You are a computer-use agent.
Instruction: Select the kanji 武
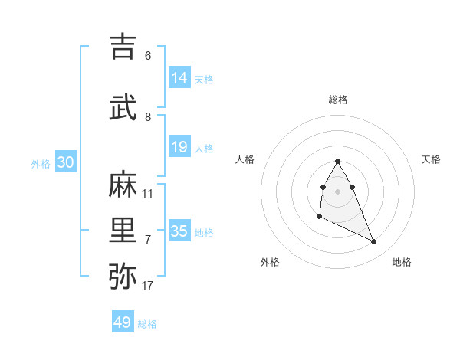123,108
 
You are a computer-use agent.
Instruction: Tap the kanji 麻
123,185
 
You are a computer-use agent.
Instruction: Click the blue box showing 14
179,78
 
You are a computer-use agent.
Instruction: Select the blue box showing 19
179,147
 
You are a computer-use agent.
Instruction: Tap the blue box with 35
179,231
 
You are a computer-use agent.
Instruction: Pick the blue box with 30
65,162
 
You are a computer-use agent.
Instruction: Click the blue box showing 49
123,322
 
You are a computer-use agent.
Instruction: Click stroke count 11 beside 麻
148,194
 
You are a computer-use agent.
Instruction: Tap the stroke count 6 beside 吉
148,56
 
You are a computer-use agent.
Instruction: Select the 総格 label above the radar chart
338,100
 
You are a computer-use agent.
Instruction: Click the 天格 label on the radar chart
431,159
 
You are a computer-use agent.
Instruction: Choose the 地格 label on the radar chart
402,262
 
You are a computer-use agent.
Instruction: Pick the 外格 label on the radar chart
270,262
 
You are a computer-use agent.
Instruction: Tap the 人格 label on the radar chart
245,159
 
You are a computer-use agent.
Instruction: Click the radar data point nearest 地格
374,242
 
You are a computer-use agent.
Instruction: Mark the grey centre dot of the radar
338,191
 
